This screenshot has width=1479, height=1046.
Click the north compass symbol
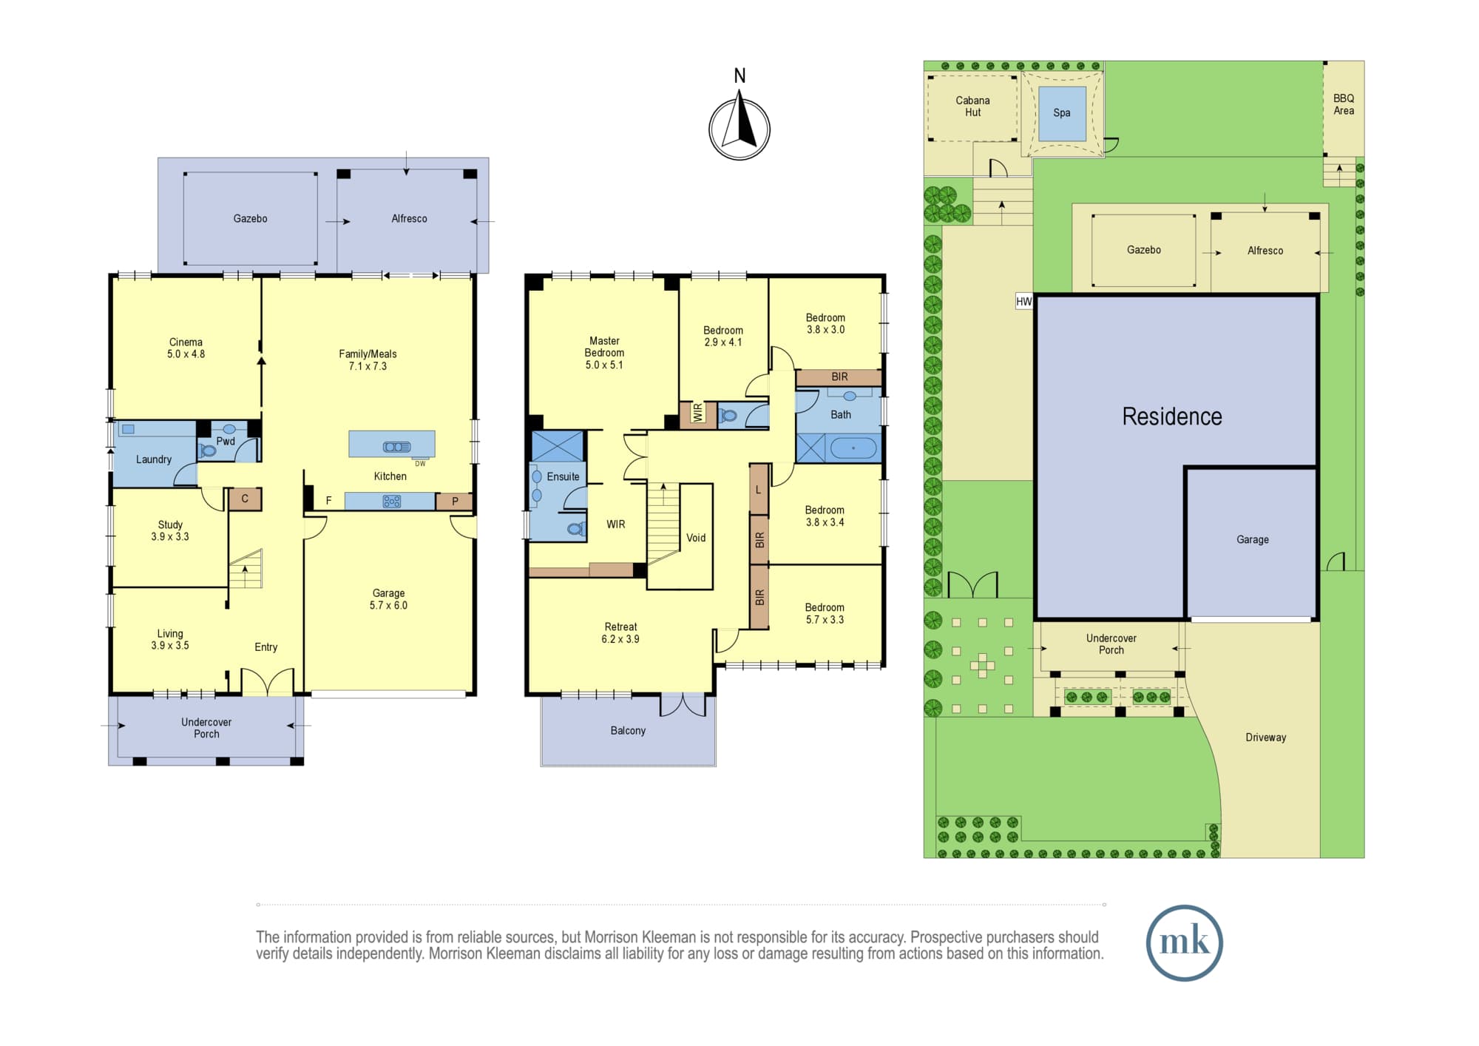click(x=739, y=128)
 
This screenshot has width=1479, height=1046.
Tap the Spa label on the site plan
click(x=1062, y=113)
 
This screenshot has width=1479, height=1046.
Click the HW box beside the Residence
click(x=1024, y=302)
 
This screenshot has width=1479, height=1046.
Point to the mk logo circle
click(x=1184, y=942)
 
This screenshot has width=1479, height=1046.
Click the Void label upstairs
click(x=696, y=538)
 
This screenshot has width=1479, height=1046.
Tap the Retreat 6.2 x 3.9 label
click(x=620, y=632)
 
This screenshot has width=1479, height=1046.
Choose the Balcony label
click(x=628, y=731)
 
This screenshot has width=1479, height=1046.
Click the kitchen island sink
click(x=396, y=447)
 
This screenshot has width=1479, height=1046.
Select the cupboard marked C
click(x=245, y=499)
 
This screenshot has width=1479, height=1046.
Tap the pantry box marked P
click(x=454, y=502)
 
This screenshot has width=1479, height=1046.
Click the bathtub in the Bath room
click(x=853, y=448)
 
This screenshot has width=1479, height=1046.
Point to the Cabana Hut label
click(x=972, y=107)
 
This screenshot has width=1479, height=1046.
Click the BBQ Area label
click(x=1344, y=104)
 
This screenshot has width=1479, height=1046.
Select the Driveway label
click(x=1265, y=738)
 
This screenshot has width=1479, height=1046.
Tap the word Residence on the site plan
click(x=1172, y=416)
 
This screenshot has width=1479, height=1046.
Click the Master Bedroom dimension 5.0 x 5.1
click(x=604, y=365)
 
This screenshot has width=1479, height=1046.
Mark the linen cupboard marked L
click(x=759, y=489)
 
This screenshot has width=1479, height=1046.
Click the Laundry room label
click(x=154, y=459)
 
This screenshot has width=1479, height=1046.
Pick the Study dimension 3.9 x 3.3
click(x=170, y=537)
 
